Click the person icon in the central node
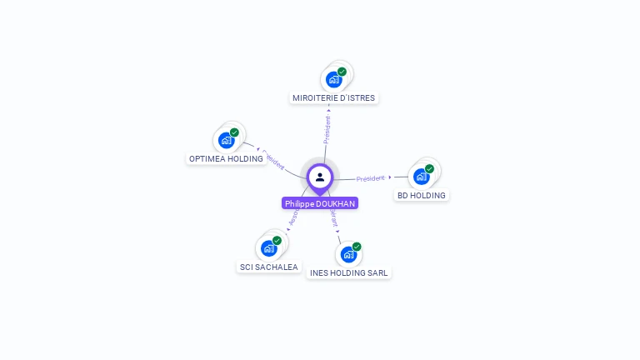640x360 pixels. pyautogui.click(x=320, y=177)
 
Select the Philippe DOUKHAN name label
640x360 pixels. pyautogui.click(x=320, y=203)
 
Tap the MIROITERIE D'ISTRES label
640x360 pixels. pyautogui.click(x=334, y=98)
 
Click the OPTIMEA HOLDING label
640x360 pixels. pyautogui.click(x=226, y=158)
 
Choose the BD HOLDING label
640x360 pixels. pyautogui.click(x=421, y=196)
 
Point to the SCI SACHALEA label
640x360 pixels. pyautogui.click(x=268, y=267)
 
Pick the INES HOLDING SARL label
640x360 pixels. pyautogui.click(x=348, y=272)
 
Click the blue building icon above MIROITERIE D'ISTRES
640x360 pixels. pyautogui.click(x=333, y=79)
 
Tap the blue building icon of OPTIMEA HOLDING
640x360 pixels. pyautogui.click(x=225, y=140)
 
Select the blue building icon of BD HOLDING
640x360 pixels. pyautogui.click(x=421, y=177)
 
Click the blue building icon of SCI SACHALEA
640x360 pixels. pyautogui.click(x=268, y=248)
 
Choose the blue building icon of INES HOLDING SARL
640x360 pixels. pyautogui.click(x=347, y=254)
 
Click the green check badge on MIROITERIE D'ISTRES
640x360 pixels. pyautogui.click(x=342, y=72)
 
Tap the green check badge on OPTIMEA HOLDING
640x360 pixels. pyautogui.click(x=234, y=132)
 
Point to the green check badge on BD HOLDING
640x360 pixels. pyautogui.click(x=429, y=169)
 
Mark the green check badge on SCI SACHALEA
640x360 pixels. pyautogui.click(x=277, y=241)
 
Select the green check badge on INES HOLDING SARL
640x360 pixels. pyautogui.click(x=357, y=247)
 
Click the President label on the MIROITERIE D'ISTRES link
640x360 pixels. pyautogui.click(x=327, y=130)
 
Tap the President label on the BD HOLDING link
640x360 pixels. pyautogui.click(x=371, y=178)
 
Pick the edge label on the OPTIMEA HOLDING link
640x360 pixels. pyautogui.click(x=273, y=160)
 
